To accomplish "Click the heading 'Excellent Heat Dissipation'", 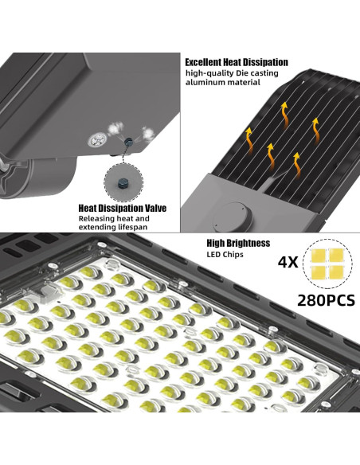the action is point(237,63).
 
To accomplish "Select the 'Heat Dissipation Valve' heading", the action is point(122,208).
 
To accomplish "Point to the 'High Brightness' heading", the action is point(238,243).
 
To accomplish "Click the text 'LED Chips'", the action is point(225,254).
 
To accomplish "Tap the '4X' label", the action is point(288,262).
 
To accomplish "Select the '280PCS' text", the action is point(326,300).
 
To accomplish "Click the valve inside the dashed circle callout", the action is point(123,183).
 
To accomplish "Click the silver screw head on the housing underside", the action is point(97,139).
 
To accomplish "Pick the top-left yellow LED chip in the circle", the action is point(318,255).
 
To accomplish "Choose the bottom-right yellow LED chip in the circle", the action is point(337,272).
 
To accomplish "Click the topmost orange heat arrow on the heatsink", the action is point(285,115).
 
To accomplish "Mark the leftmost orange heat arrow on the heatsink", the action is point(249,139).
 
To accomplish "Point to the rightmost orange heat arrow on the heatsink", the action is point(315,131).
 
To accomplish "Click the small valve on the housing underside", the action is point(129,142).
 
